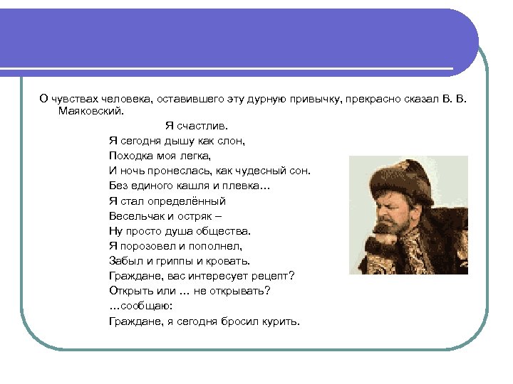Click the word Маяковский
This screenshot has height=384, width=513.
pos(90,111)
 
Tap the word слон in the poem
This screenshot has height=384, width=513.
pos(231,141)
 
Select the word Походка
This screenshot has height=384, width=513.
pos(131,156)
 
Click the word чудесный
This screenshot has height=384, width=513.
pos(258,171)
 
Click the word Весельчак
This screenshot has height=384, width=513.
pos(138,216)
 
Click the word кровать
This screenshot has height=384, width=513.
pos(227,261)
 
